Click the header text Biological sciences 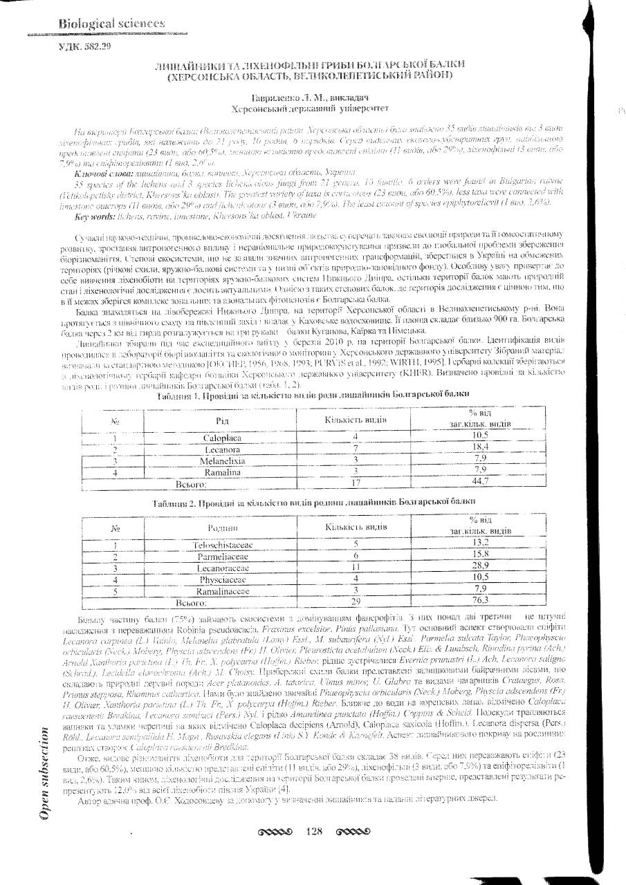(x=102, y=23)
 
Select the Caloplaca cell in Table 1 (x=221, y=438)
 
